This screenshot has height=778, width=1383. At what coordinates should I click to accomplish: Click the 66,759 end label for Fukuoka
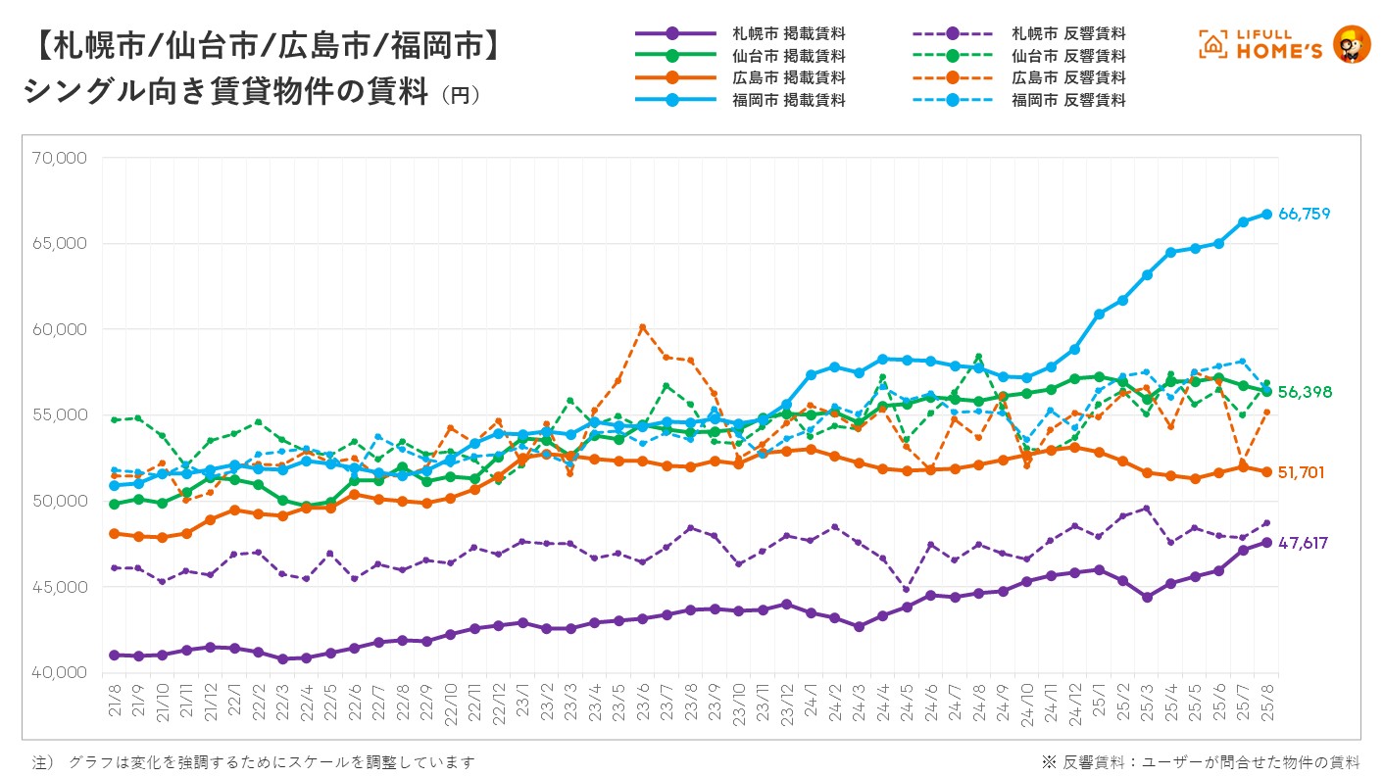[1305, 215]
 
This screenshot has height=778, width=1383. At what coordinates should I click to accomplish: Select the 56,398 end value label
[1305, 392]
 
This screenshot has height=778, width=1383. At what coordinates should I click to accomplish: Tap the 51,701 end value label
[1302, 472]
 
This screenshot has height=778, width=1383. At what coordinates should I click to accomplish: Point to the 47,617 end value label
[1304, 543]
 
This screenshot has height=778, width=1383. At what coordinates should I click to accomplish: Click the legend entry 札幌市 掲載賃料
[788, 34]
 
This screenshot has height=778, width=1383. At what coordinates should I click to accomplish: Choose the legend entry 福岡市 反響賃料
[1068, 100]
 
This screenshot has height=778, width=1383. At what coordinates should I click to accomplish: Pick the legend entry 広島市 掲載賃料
[788, 77]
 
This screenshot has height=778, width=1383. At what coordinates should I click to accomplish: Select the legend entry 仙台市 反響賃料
[1068, 56]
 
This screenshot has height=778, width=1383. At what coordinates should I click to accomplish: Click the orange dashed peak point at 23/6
[642, 327]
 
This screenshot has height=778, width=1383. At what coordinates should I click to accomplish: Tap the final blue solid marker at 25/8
[1266, 214]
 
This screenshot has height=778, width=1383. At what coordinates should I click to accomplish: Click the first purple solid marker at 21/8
[115, 655]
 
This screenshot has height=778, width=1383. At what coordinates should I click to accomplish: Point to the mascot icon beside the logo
[1352, 45]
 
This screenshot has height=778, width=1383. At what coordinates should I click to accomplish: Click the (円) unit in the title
[460, 95]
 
